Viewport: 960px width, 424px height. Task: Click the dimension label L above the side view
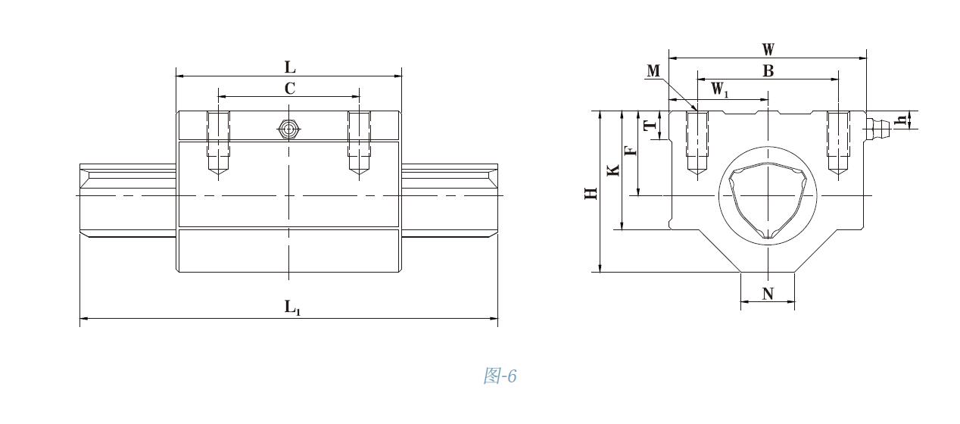(x=289, y=67)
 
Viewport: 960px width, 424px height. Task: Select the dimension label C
(x=289, y=89)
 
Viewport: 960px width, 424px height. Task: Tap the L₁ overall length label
(x=292, y=307)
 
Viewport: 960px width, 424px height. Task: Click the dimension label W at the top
(x=768, y=50)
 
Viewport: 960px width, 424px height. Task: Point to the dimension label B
(x=768, y=71)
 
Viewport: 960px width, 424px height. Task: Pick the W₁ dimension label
(x=720, y=89)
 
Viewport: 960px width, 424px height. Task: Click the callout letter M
(x=654, y=71)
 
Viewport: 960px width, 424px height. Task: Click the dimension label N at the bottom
(x=768, y=294)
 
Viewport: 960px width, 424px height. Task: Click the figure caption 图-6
(x=500, y=376)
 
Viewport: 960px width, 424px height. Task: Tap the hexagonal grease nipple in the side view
(x=288, y=129)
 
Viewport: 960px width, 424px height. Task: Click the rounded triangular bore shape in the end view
(x=767, y=201)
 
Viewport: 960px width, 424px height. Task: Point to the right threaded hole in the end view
(x=838, y=142)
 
